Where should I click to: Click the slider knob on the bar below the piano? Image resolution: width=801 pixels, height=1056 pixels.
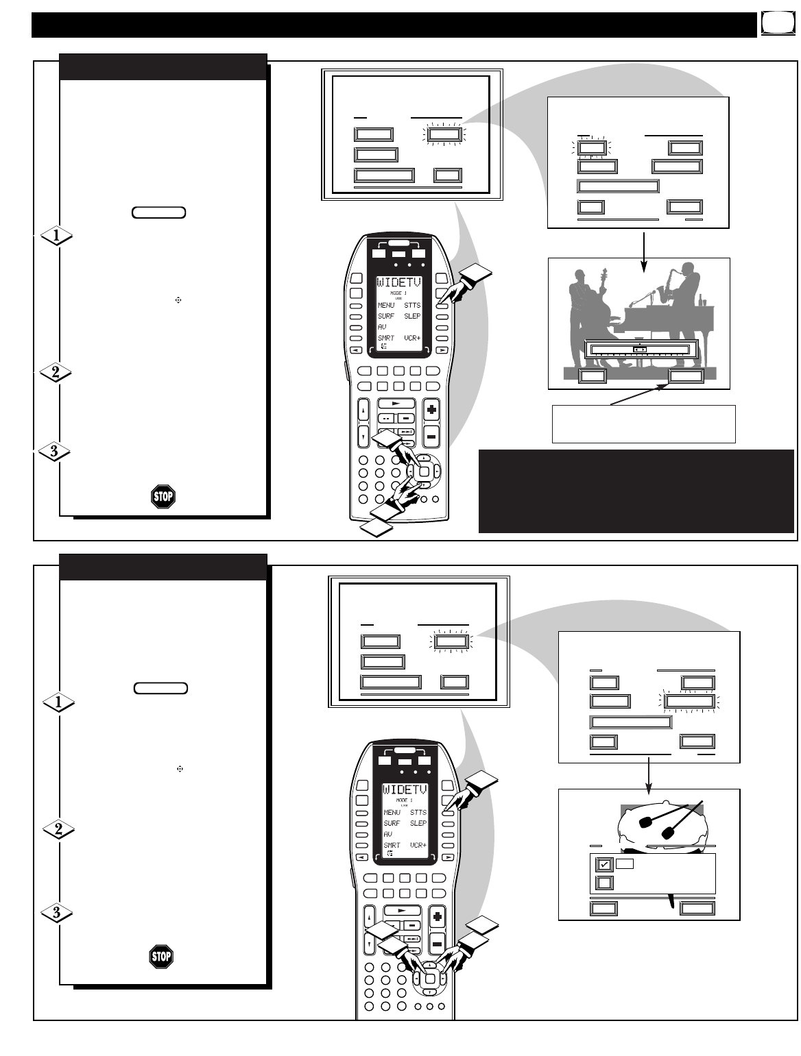point(639,349)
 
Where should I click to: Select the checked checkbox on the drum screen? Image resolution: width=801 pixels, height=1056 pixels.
point(603,864)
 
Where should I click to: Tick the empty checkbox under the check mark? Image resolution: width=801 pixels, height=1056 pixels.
point(603,883)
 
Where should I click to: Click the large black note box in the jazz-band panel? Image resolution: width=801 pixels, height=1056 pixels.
point(636,491)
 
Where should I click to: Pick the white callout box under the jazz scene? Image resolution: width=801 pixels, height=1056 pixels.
point(643,424)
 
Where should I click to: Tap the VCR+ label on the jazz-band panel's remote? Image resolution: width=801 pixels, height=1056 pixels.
point(411,338)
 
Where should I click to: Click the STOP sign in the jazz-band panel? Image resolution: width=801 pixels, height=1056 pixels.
point(163,496)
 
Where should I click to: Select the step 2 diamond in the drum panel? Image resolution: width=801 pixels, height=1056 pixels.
point(59,829)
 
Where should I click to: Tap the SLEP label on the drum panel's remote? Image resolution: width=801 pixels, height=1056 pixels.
point(418,823)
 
